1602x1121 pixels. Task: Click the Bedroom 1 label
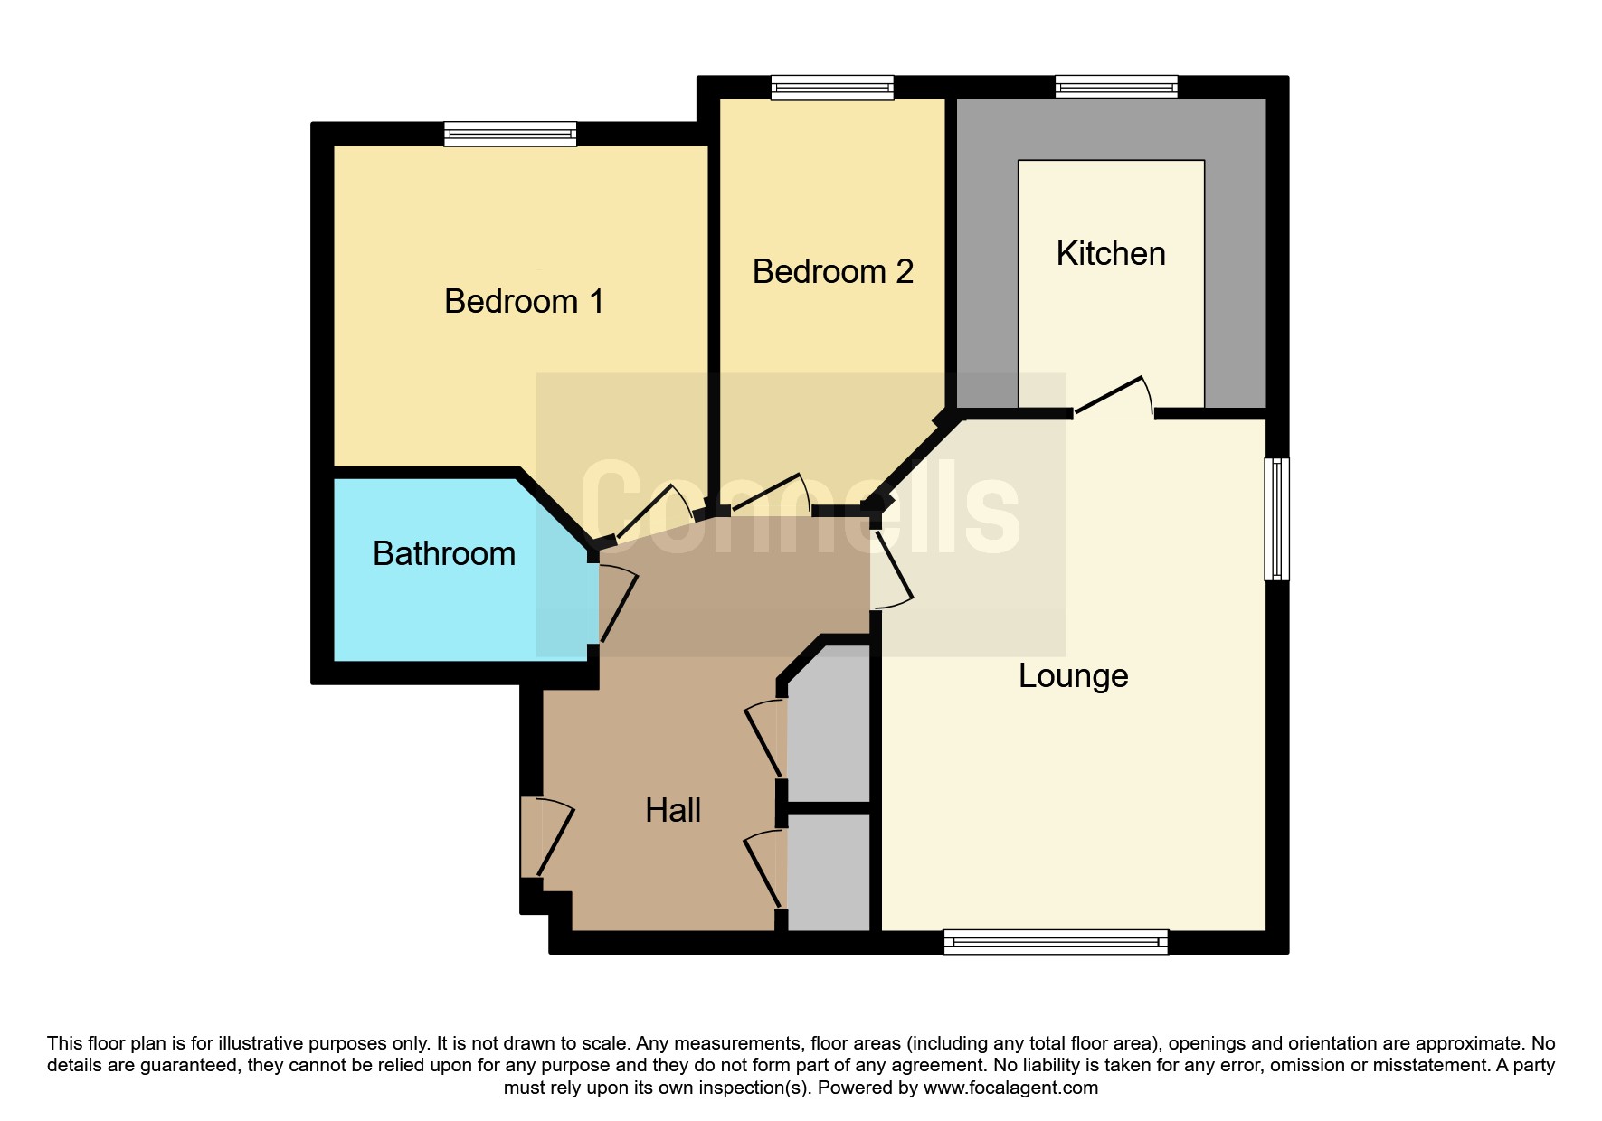[x=524, y=301]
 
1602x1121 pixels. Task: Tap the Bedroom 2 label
[x=833, y=271]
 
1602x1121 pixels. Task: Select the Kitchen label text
[x=1111, y=254]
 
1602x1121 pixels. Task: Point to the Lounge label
[x=1074, y=676]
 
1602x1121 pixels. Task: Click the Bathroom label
[x=444, y=553]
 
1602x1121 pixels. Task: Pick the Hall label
[x=673, y=810]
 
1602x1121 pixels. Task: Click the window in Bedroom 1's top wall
[x=510, y=134]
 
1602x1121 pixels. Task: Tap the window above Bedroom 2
[x=832, y=88]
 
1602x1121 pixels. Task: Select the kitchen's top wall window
[x=1116, y=87]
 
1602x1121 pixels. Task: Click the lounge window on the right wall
[x=1276, y=518]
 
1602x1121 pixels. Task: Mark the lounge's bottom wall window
[x=1056, y=942]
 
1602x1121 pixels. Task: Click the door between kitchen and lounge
[x=1113, y=397]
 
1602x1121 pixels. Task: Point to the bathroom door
[x=618, y=604]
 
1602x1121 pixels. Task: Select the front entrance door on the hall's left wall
[x=547, y=837]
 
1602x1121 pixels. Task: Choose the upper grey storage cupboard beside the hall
[x=829, y=723]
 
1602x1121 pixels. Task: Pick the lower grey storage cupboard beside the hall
[x=829, y=871]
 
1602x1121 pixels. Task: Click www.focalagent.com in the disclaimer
[x=1010, y=1088]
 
